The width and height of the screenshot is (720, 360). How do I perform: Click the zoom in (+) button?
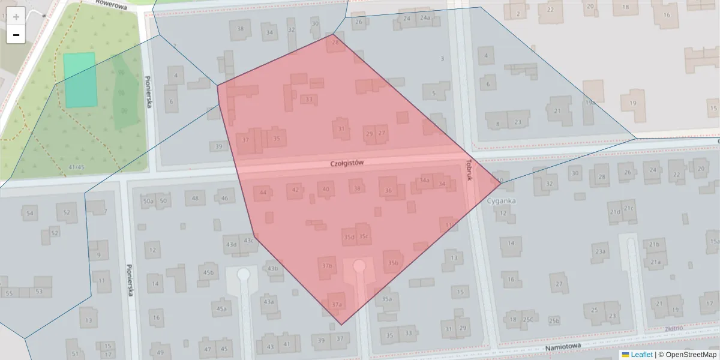tap(16, 17)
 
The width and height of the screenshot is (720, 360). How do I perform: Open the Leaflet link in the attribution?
tap(641, 355)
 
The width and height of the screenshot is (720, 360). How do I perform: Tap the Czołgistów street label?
tap(347, 163)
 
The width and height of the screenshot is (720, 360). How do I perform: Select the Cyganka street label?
tap(502, 202)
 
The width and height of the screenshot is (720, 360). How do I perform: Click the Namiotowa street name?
tap(564, 348)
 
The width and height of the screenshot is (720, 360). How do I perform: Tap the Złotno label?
tap(674, 329)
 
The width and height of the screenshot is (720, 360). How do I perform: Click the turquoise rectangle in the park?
tap(80, 80)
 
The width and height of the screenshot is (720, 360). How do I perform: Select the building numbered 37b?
tap(327, 266)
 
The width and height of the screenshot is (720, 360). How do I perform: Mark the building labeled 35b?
tap(393, 262)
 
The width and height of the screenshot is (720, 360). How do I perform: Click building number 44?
tap(263, 193)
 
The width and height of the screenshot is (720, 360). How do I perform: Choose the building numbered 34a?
tap(425, 180)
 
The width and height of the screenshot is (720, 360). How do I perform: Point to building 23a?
tap(599, 252)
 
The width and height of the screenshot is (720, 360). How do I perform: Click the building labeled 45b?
tap(208, 272)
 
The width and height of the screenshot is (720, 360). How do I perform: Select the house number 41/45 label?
tap(76, 167)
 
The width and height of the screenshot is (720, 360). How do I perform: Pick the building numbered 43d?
tap(231, 244)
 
